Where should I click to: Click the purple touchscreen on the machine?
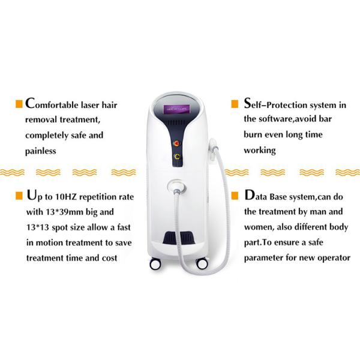[x=176, y=109]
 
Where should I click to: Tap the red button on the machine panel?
[x=177, y=144]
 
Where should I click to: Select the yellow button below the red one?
[x=177, y=157]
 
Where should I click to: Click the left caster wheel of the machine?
[x=155, y=264]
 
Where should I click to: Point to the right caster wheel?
[x=202, y=264]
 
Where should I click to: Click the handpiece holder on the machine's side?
[x=213, y=149]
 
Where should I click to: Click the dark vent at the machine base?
[x=179, y=238]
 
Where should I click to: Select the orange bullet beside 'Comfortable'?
[x=19, y=104]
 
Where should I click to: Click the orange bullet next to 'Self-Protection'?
[x=235, y=104]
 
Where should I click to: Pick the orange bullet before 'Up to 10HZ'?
[x=19, y=196]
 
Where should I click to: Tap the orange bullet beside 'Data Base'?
[x=235, y=196]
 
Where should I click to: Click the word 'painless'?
[x=41, y=151]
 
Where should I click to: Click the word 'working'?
[x=260, y=151]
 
